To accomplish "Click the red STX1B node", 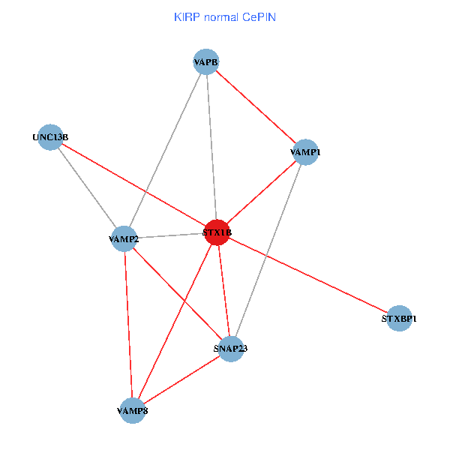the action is [217, 232].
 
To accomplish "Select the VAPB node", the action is [205, 62].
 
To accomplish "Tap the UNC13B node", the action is [49, 137].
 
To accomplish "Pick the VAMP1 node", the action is [304, 152].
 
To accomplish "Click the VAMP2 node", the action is [124, 239].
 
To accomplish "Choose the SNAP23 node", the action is [230, 348].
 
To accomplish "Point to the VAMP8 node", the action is [132, 410].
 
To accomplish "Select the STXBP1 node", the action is [399, 319].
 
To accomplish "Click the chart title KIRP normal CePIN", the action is [224, 16].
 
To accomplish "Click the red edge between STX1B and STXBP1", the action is [307, 275].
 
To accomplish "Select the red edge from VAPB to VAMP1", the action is [255, 107].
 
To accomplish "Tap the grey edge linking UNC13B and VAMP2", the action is [86, 188].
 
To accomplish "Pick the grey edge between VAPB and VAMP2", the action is [165, 151].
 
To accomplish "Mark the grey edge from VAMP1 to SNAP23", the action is [268, 250].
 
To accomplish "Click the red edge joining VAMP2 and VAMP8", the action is [127, 325].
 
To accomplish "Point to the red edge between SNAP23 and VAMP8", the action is [181, 379].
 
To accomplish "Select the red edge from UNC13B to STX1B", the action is [133, 184].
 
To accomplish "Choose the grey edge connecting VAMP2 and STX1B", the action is [170, 236].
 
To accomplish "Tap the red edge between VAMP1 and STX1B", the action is [261, 192].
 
